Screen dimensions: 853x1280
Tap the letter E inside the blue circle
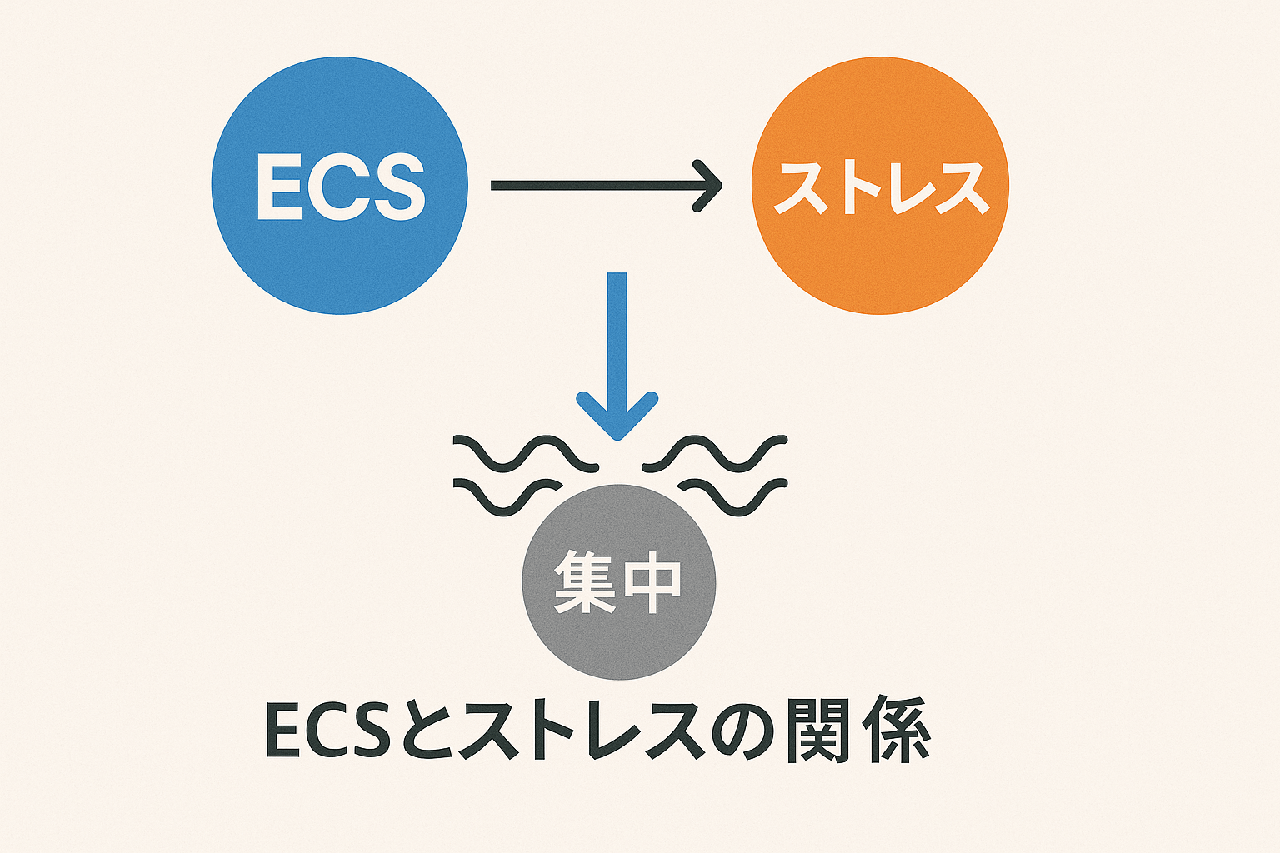coord(278,187)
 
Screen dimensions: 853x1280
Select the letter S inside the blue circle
coord(395,187)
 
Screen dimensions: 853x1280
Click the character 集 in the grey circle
coord(585,582)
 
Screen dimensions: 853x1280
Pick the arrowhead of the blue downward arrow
coord(617,417)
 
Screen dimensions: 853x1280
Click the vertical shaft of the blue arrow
coord(617,333)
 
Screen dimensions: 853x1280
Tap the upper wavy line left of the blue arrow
coord(525,454)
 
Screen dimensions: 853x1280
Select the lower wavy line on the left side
coord(508,496)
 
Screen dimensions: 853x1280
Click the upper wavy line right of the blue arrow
coord(715,454)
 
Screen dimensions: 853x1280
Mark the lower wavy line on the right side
coord(733,496)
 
